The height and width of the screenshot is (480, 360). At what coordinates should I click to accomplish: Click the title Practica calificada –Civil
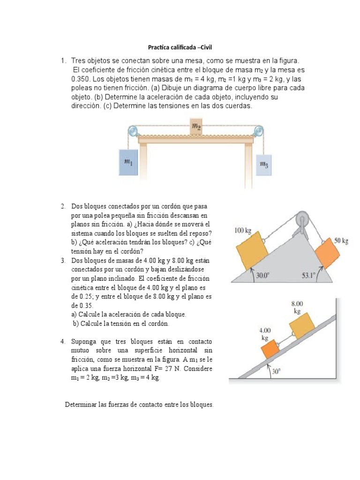click(180, 47)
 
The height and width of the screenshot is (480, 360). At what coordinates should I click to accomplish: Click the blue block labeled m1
click(127, 162)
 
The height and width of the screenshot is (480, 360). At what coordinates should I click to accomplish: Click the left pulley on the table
click(134, 131)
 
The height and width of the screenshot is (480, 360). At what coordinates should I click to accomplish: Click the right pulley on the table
click(257, 131)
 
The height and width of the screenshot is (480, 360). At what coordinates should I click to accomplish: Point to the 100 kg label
click(242, 230)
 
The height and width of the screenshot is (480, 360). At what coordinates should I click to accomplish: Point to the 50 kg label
click(341, 241)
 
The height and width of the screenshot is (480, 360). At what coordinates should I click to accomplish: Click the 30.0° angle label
click(263, 276)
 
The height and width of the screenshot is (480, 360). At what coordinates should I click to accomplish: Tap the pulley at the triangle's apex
click(301, 220)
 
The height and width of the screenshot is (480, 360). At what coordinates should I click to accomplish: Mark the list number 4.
click(62, 341)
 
